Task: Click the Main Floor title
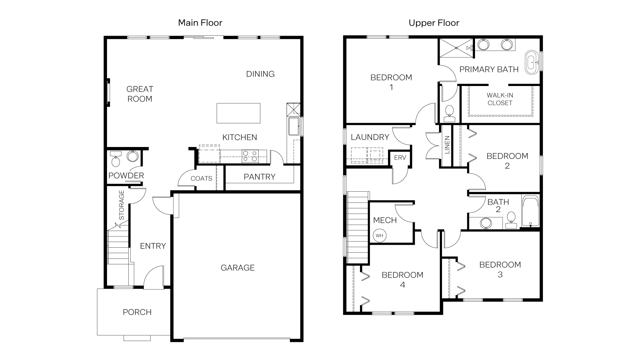(200, 23)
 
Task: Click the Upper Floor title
(434, 23)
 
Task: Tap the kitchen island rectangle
(238, 113)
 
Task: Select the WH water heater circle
(379, 236)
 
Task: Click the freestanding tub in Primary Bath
(532, 62)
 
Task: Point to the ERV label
(400, 158)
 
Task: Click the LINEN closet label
(447, 145)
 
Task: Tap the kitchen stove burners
(250, 156)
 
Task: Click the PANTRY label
(259, 177)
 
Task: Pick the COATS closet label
(201, 179)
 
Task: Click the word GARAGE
(237, 268)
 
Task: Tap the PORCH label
(137, 312)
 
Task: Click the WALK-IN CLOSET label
(500, 99)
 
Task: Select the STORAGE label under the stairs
(122, 205)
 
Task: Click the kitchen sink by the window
(294, 126)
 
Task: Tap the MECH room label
(385, 220)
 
